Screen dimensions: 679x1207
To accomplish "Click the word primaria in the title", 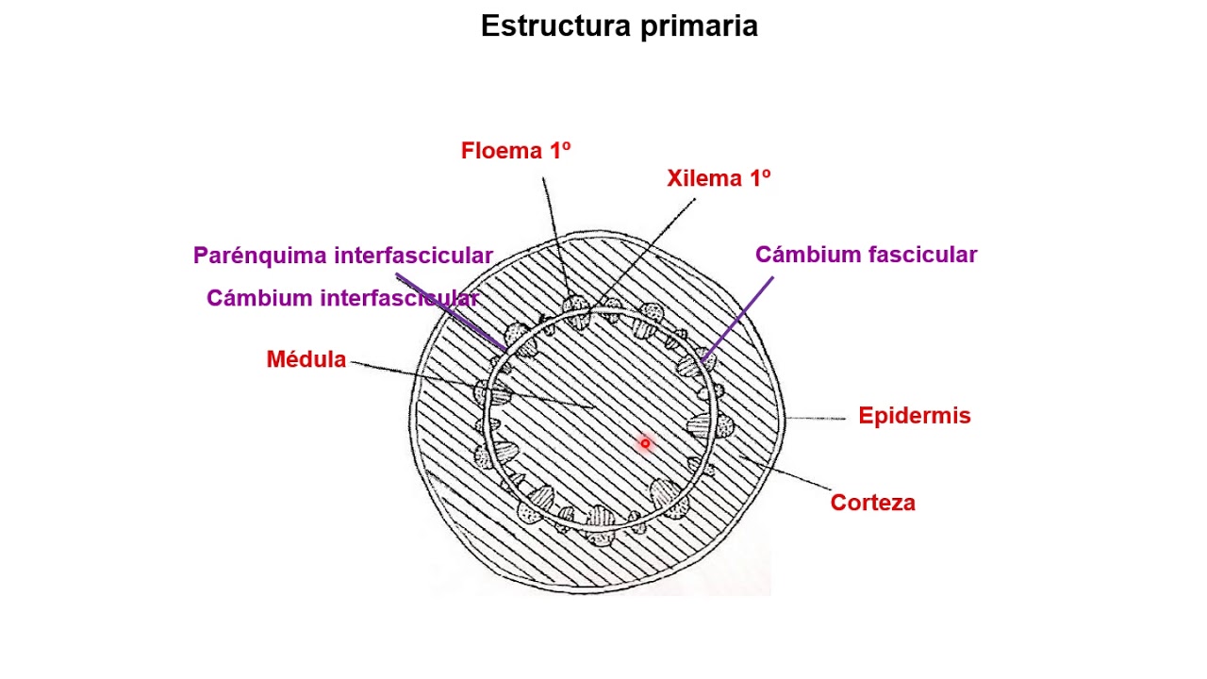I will coord(699,26).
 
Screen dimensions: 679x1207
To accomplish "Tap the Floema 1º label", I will coord(516,151).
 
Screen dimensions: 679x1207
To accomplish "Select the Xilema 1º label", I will coord(719,179).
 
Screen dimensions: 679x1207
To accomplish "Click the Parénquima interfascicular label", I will coord(343,256).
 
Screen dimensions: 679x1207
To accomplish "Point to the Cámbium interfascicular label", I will coord(342,298).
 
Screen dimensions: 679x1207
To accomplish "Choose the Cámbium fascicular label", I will coord(866,255).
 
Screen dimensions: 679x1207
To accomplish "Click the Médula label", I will coord(306,359).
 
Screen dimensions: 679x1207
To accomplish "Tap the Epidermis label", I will coord(914,416).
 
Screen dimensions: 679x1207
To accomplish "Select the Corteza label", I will coord(872,503).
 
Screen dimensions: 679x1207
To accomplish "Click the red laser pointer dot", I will coord(645,443).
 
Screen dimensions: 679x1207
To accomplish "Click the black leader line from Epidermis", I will coord(817,418).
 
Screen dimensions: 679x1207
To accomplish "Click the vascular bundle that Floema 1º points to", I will coord(575,309).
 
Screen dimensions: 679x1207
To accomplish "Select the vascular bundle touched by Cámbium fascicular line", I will coord(693,363).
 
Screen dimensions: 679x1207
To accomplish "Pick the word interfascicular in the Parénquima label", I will coord(413,256).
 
